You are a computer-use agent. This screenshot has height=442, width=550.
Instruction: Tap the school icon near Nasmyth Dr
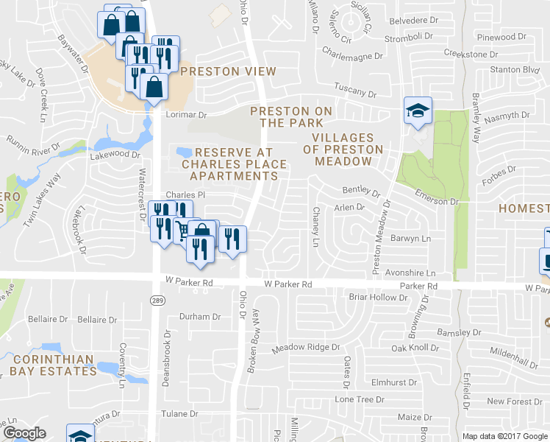tap(418, 111)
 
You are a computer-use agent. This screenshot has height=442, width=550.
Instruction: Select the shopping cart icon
tap(181, 230)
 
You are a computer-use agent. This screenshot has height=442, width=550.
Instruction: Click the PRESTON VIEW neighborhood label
tap(228, 71)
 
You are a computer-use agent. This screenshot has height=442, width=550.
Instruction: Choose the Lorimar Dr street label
tap(186, 115)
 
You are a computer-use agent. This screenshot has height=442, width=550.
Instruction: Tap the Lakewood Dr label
tap(114, 155)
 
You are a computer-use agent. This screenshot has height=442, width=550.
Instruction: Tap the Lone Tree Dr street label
tap(355, 399)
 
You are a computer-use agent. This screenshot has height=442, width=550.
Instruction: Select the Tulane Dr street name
tap(180, 414)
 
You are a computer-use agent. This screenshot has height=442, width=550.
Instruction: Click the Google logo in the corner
tap(24, 433)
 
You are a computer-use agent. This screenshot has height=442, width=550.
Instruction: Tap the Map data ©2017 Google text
tap(505, 436)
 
